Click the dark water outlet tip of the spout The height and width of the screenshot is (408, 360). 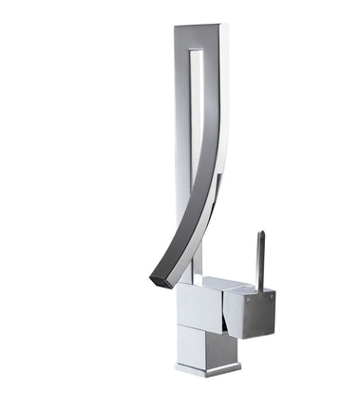click(159, 280)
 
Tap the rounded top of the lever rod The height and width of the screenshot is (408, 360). click(258, 233)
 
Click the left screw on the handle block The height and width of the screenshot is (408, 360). click(243, 302)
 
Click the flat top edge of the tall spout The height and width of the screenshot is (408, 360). click(201, 27)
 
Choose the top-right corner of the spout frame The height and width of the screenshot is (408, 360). click(228, 27)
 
